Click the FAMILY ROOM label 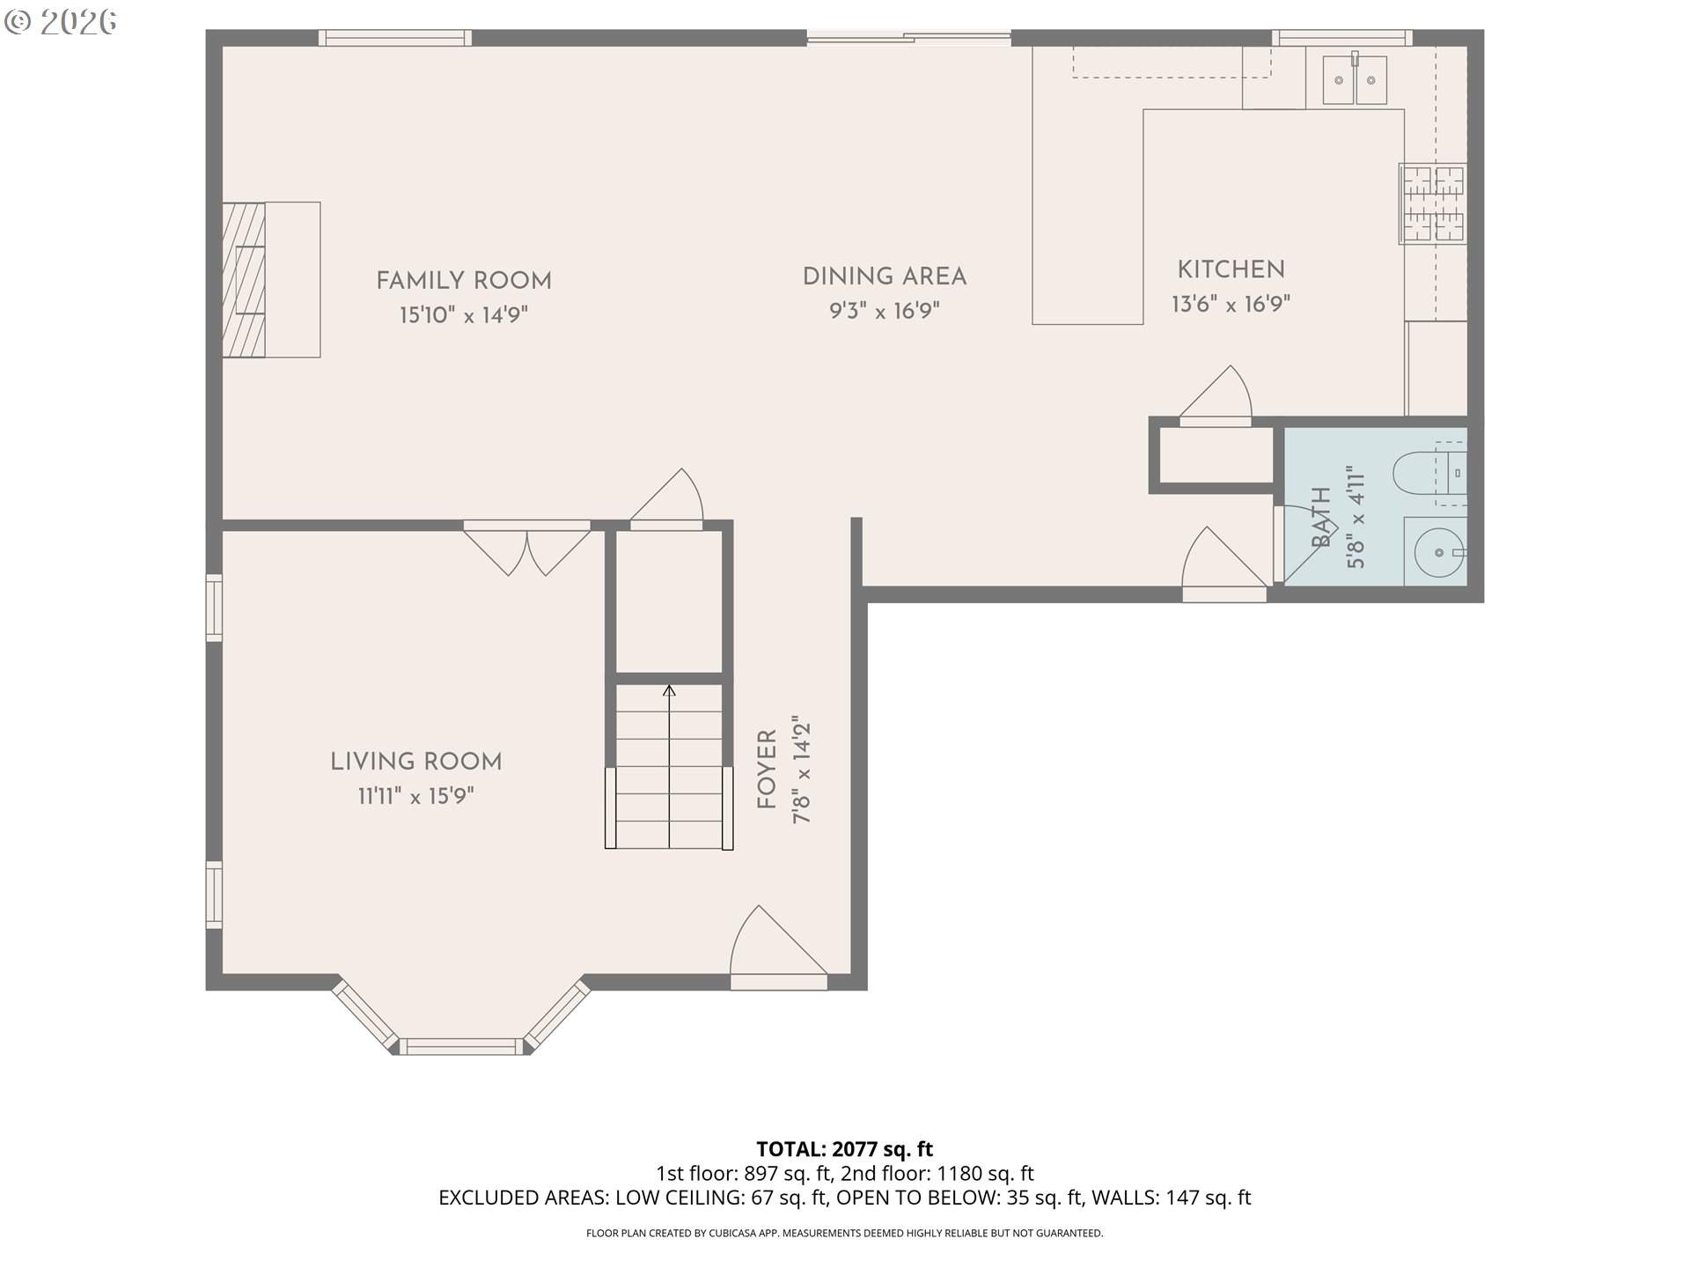click(x=464, y=281)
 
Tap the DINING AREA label click(x=885, y=276)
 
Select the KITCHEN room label click(x=1231, y=269)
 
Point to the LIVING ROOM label click(x=415, y=762)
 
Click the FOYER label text click(x=767, y=770)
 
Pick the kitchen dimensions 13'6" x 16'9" click(x=1231, y=304)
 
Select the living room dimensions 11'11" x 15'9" click(x=415, y=796)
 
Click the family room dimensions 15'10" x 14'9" click(x=464, y=314)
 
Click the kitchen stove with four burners click(x=1433, y=203)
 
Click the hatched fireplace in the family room click(x=244, y=280)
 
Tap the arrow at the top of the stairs click(x=669, y=691)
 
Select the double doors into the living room click(x=526, y=548)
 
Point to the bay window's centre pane click(x=462, y=1046)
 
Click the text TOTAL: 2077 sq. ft click(x=845, y=1149)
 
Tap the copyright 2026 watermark click(x=61, y=22)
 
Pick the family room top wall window click(x=394, y=38)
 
